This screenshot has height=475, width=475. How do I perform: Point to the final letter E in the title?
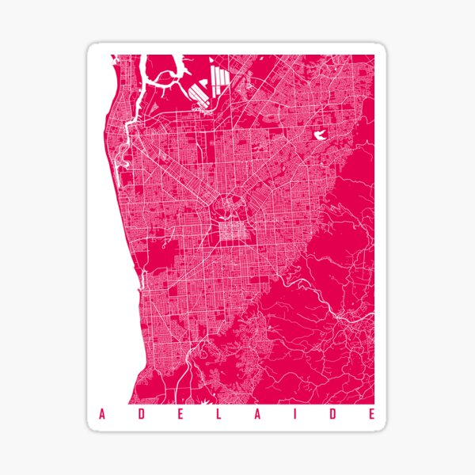point(373,414)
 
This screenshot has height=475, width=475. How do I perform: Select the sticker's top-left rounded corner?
point(91,48)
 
